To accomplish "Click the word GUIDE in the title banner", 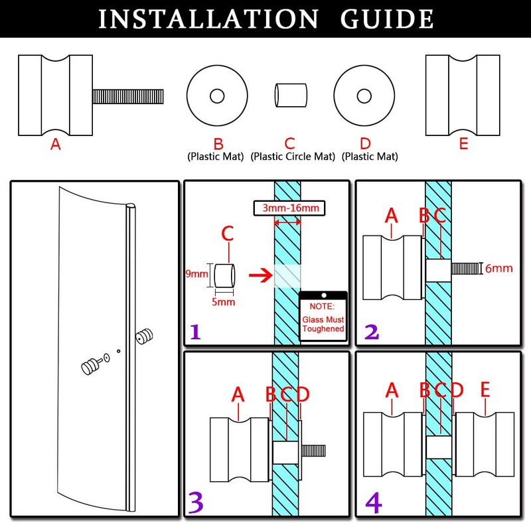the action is pyautogui.click(x=387, y=19).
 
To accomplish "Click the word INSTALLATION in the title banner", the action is pyautogui.click(x=208, y=19).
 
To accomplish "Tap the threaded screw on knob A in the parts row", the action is pyautogui.click(x=128, y=96).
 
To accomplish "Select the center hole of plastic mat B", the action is pyautogui.click(x=217, y=96).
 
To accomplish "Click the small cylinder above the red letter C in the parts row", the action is pyautogui.click(x=291, y=95).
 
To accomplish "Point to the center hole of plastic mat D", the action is pyautogui.click(x=364, y=96).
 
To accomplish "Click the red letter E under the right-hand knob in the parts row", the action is pyautogui.click(x=463, y=143).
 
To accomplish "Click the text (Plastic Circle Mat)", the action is pyautogui.click(x=293, y=157).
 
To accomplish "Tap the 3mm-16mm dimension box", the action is pyautogui.click(x=289, y=208).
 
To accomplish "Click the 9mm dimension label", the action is pyautogui.click(x=196, y=273).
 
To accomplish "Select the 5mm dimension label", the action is pyautogui.click(x=224, y=302).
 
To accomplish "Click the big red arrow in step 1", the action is pyautogui.click(x=261, y=275).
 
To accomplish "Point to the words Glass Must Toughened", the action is pyautogui.click(x=323, y=324).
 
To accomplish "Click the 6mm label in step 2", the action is pyautogui.click(x=499, y=269).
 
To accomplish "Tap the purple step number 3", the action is pyautogui.click(x=196, y=502).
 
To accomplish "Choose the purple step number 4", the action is pyautogui.click(x=374, y=502).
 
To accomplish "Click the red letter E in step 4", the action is pyautogui.click(x=485, y=390).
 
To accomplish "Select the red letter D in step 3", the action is pyautogui.click(x=303, y=394).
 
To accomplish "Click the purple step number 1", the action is pyautogui.click(x=196, y=332).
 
